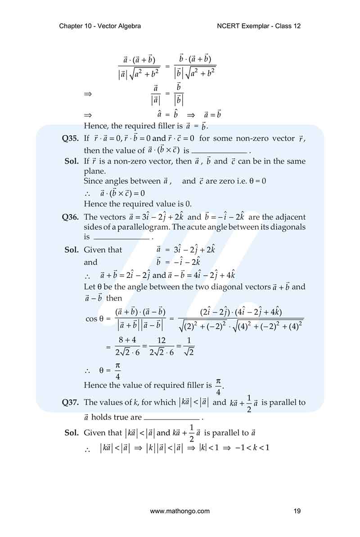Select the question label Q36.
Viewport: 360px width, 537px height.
click(71, 217)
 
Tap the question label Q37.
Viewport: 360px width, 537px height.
click(71, 403)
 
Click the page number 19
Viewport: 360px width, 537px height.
click(297, 510)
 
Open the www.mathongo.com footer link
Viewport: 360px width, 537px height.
click(180, 510)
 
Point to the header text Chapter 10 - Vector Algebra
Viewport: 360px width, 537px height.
click(100, 26)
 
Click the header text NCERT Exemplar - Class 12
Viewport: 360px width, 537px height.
click(259, 26)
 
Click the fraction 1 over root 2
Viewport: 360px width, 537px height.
click(189, 346)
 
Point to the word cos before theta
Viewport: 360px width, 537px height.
click(91, 318)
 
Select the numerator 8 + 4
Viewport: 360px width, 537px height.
click(127, 340)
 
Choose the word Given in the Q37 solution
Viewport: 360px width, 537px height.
click(94, 433)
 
